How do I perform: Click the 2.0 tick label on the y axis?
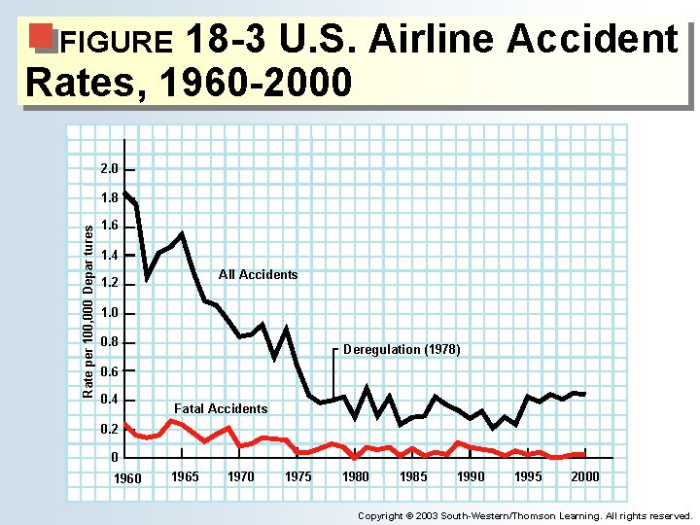coord(109,169)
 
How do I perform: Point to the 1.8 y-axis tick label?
coord(109,197)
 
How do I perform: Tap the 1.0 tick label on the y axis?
coord(109,313)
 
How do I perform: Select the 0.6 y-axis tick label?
coord(109,370)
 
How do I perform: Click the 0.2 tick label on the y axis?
coord(109,429)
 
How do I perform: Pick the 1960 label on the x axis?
coord(126,478)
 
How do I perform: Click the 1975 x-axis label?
coord(298,476)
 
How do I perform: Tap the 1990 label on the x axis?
coord(471,476)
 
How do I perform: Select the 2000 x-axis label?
coord(585,476)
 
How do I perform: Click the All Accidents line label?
coord(258,275)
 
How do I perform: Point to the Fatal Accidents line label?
coord(220,408)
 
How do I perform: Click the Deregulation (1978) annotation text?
coord(402,349)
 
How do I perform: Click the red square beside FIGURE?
coord(42,37)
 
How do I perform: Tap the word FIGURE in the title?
coord(116,43)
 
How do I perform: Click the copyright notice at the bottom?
coord(525,515)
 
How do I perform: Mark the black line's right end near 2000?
coord(584,394)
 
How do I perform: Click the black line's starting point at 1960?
coord(125,192)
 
